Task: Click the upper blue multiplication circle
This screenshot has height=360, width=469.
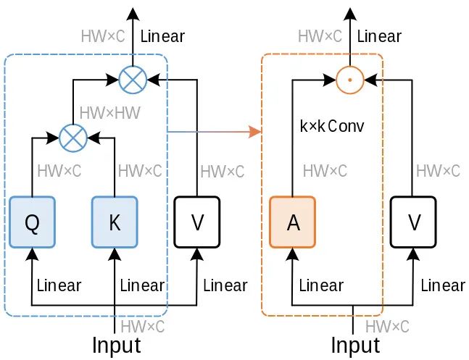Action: [132, 78]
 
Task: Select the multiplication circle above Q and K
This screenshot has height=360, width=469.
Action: [72, 135]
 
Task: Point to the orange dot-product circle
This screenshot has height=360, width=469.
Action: [350, 78]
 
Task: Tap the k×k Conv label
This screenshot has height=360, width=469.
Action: [331, 126]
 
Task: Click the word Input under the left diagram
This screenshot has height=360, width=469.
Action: [116, 345]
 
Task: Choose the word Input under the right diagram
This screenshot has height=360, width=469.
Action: [354, 345]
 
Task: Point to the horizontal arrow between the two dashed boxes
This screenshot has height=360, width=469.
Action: [214, 132]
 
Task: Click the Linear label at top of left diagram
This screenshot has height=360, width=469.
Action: [162, 35]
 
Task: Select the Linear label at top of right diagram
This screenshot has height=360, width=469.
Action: [380, 35]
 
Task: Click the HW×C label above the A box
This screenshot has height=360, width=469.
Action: [325, 172]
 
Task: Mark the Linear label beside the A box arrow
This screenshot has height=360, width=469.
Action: [321, 285]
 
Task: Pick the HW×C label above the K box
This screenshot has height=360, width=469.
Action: [140, 172]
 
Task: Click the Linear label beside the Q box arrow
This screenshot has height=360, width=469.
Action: [59, 285]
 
